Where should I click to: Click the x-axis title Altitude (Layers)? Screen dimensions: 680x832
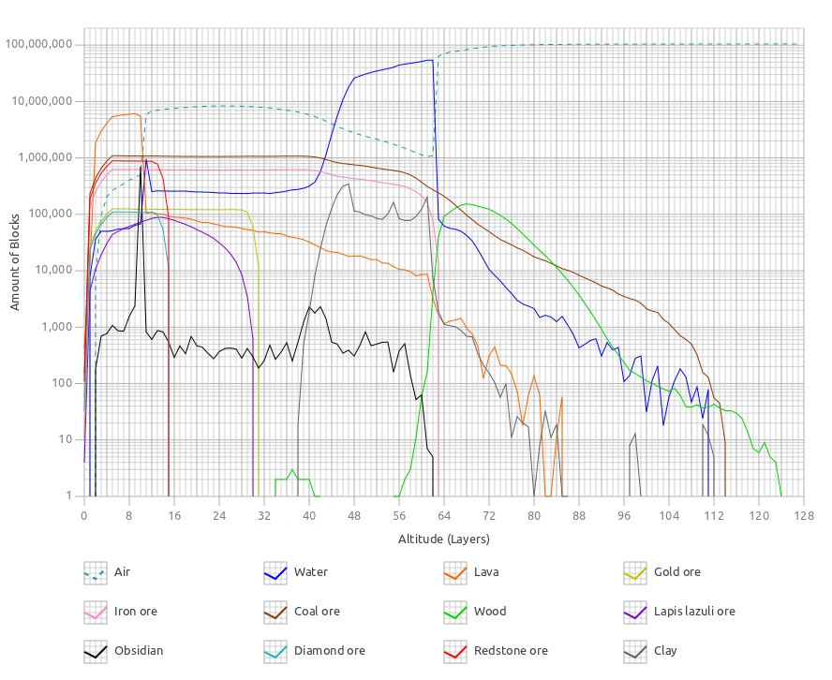click(x=443, y=539)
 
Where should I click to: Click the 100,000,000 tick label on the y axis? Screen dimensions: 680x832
click(x=39, y=44)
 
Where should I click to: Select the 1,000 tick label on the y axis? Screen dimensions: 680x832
click(x=59, y=327)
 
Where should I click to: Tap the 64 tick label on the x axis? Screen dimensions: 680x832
click(x=443, y=515)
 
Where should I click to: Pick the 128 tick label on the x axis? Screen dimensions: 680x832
click(x=803, y=515)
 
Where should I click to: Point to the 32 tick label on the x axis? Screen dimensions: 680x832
click(x=264, y=515)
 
